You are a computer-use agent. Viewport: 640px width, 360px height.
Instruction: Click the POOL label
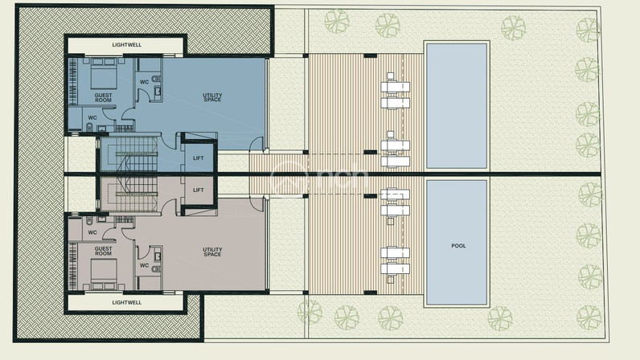tap(458, 246)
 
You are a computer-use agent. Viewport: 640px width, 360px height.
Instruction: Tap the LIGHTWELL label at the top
tap(127, 45)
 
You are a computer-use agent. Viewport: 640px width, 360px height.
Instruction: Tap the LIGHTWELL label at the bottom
tap(127, 302)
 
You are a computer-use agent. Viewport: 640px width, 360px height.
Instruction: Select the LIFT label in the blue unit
tap(199, 158)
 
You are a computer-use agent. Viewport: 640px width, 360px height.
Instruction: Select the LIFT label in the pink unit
tap(199, 190)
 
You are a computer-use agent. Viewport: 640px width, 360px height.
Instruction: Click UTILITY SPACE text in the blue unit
tap(212, 97)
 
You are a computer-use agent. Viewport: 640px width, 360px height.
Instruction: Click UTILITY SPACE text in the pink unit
tap(212, 252)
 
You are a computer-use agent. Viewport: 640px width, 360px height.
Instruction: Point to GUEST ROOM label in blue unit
tap(103, 97)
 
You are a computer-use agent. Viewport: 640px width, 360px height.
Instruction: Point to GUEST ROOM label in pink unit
tap(103, 251)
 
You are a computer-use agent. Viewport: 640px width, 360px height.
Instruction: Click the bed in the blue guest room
tap(104, 73)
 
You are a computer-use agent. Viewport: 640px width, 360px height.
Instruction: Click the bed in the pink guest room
tap(104, 274)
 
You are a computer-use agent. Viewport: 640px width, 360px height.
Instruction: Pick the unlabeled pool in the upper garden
tap(457, 106)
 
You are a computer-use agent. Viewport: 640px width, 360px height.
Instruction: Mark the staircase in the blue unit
tap(129, 153)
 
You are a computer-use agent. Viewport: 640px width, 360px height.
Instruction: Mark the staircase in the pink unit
tap(129, 194)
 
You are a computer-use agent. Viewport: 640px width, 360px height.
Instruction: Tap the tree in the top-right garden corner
tap(589, 30)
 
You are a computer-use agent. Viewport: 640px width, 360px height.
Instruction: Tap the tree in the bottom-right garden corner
tap(589, 317)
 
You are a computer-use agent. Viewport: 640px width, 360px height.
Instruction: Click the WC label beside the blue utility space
tap(145, 82)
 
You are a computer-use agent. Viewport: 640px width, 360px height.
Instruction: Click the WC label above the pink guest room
tap(92, 233)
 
